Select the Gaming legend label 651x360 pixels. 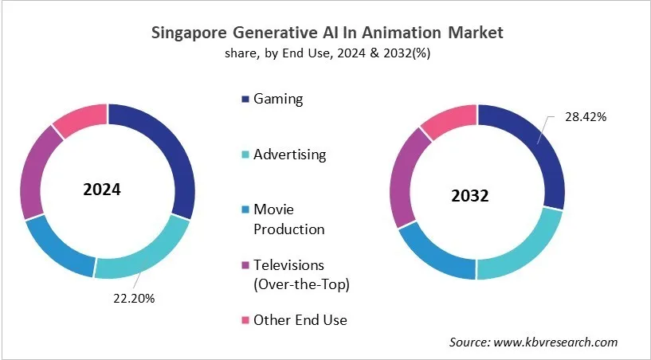(x=278, y=100)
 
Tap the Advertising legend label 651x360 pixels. (x=289, y=155)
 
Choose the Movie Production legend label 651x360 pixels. (x=288, y=219)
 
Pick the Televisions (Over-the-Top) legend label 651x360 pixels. (x=300, y=274)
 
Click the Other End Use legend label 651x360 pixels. (x=300, y=320)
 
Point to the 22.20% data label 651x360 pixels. (x=132, y=299)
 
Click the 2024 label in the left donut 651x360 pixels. (x=102, y=190)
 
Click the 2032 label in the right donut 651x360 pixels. (x=471, y=196)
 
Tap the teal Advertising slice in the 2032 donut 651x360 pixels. (x=518, y=252)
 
